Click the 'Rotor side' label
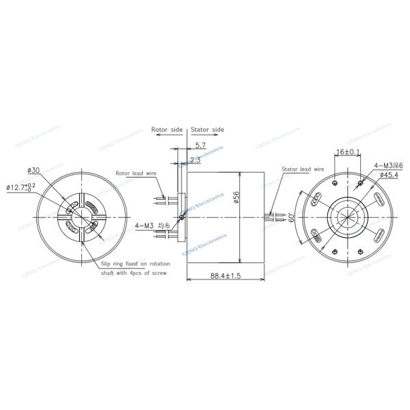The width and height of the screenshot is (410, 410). pos(167,128)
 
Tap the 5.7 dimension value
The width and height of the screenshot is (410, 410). pos(200,146)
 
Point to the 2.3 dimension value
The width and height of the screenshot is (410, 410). pos(195,160)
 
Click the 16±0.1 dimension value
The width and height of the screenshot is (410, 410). pos(348,151)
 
